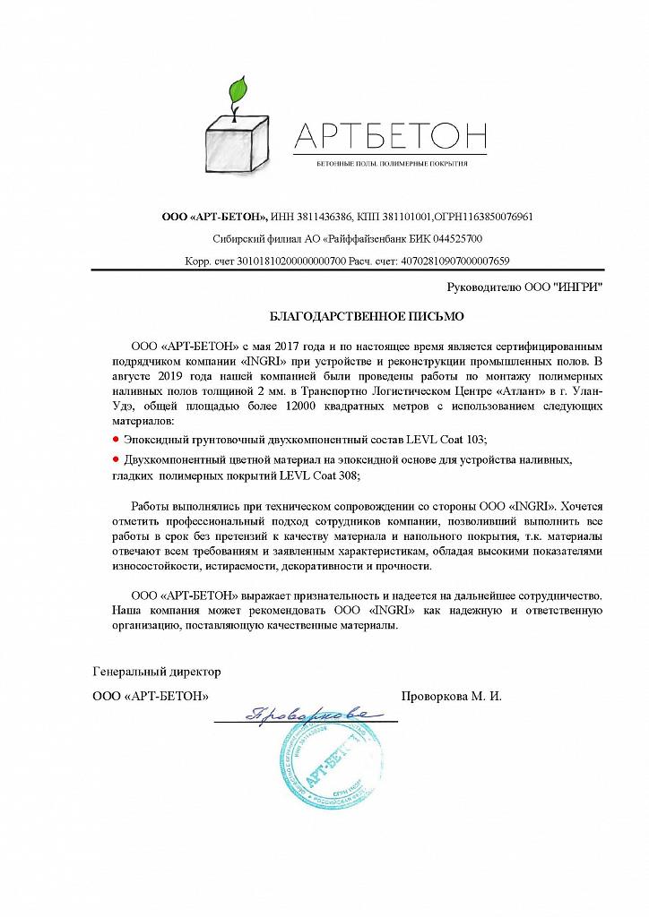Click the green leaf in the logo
(x=239, y=93)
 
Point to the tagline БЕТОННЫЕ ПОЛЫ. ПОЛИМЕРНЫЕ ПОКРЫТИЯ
(x=392, y=166)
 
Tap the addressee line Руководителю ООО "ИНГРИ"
(x=524, y=287)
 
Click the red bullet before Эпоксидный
(x=116, y=439)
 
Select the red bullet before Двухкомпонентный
(x=116, y=458)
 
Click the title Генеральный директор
(x=156, y=671)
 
